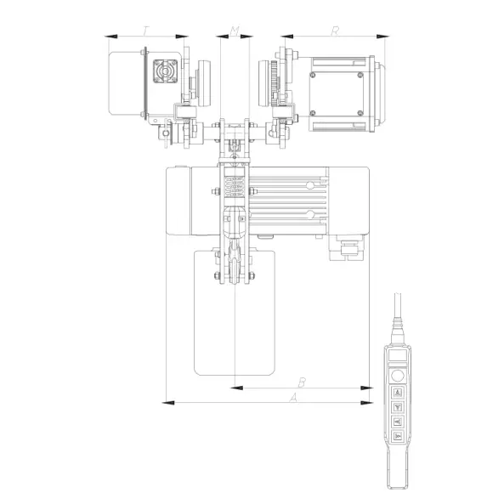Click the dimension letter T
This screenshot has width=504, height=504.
(x=146, y=31)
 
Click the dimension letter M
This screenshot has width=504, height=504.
(x=235, y=31)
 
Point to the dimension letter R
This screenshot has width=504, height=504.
(x=335, y=31)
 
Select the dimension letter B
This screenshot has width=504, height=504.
(x=302, y=382)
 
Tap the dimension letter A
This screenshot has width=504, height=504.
(x=293, y=398)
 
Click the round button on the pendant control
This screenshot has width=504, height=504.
(x=398, y=376)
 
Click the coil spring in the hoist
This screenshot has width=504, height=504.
(x=235, y=186)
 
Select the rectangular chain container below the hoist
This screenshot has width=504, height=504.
(x=235, y=313)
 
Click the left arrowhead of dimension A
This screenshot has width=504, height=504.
(x=168, y=402)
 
